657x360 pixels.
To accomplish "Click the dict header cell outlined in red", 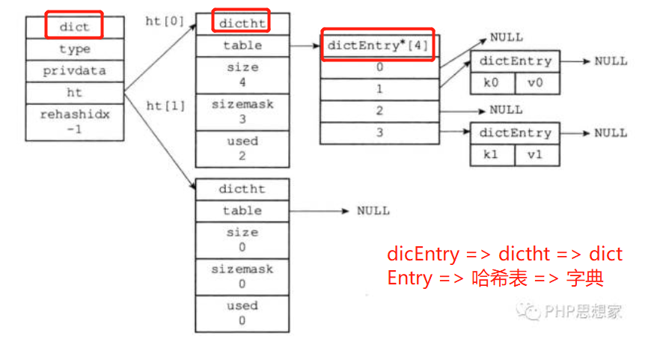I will (74, 27).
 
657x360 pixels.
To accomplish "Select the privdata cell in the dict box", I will (74, 71).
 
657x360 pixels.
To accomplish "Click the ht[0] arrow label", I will (164, 21).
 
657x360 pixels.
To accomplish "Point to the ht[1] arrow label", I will (165, 106).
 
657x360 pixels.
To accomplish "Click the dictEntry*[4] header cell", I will (378, 46).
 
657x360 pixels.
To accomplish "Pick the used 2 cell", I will (242, 148).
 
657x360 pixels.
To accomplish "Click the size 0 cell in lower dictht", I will (242, 240).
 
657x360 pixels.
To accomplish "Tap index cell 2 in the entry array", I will (379, 111).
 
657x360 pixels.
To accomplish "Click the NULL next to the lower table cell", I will (373, 211).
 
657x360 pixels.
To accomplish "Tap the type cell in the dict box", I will (74, 49).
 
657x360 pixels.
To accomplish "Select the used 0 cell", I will (242, 313).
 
